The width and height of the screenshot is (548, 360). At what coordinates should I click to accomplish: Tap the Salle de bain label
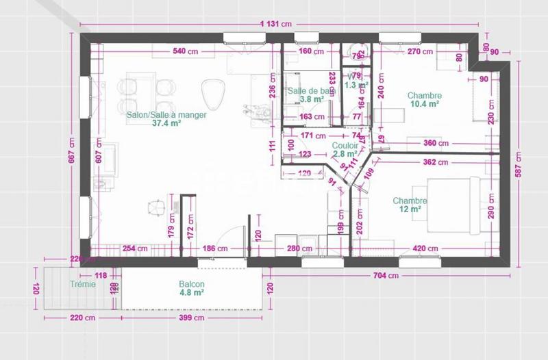pos(312,91)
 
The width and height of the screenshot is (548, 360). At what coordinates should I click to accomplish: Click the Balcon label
pos(192,284)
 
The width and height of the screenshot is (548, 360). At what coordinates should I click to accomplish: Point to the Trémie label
pos(82,284)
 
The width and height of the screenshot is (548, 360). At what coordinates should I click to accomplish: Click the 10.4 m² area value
pos(424,104)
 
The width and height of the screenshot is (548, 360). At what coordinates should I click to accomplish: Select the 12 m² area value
pos(410,209)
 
